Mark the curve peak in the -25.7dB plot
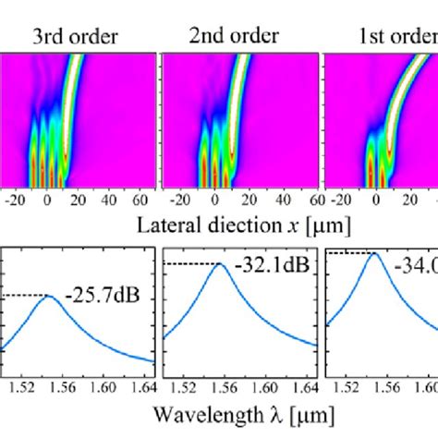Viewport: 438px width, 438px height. (x=50, y=297)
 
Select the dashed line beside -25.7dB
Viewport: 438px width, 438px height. (x=26, y=296)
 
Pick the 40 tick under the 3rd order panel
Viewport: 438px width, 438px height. (x=110, y=200)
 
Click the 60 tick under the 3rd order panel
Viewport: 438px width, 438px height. (x=145, y=200)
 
